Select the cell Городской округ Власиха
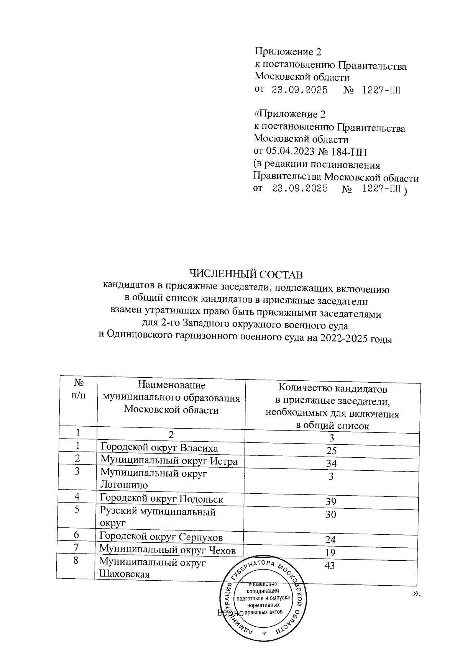tap(159, 448)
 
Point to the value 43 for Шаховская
tap(330, 565)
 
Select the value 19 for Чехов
tap(330, 553)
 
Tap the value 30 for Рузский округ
tap(331, 514)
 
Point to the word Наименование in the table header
tap(171, 385)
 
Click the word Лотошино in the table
tap(124, 485)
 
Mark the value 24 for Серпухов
tap(330, 540)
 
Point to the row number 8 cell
tap(76, 560)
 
